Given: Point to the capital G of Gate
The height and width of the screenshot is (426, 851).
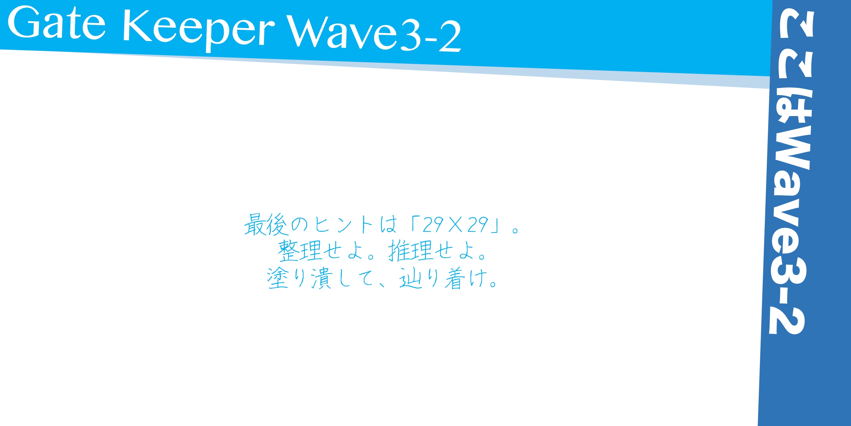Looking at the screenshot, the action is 23,23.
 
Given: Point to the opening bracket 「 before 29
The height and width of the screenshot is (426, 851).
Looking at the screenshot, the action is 412,222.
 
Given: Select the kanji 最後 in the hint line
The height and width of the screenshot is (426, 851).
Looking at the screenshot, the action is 265,225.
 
